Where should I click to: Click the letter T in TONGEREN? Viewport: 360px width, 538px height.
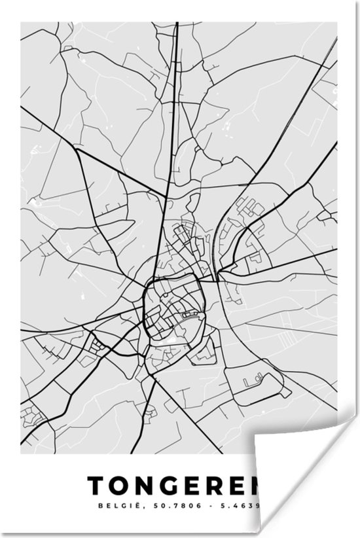(x=96, y=485)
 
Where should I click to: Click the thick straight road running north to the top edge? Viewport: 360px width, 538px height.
(x=175, y=79)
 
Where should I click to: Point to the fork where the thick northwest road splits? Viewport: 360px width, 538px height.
(x=77, y=149)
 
